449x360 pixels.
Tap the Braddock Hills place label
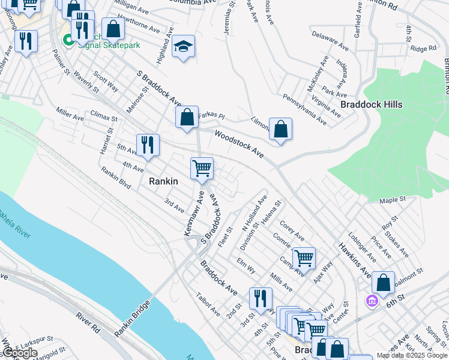point(371,104)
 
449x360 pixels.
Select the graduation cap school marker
point(183,47)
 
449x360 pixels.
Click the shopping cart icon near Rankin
point(202,168)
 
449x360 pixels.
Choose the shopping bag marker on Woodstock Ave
point(280,128)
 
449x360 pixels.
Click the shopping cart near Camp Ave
point(304,259)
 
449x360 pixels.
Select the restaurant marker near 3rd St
point(261,298)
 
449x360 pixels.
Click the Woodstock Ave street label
point(240,145)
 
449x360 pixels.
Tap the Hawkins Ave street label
point(354,260)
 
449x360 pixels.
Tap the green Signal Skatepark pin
point(68,41)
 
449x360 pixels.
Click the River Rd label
point(88,320)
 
